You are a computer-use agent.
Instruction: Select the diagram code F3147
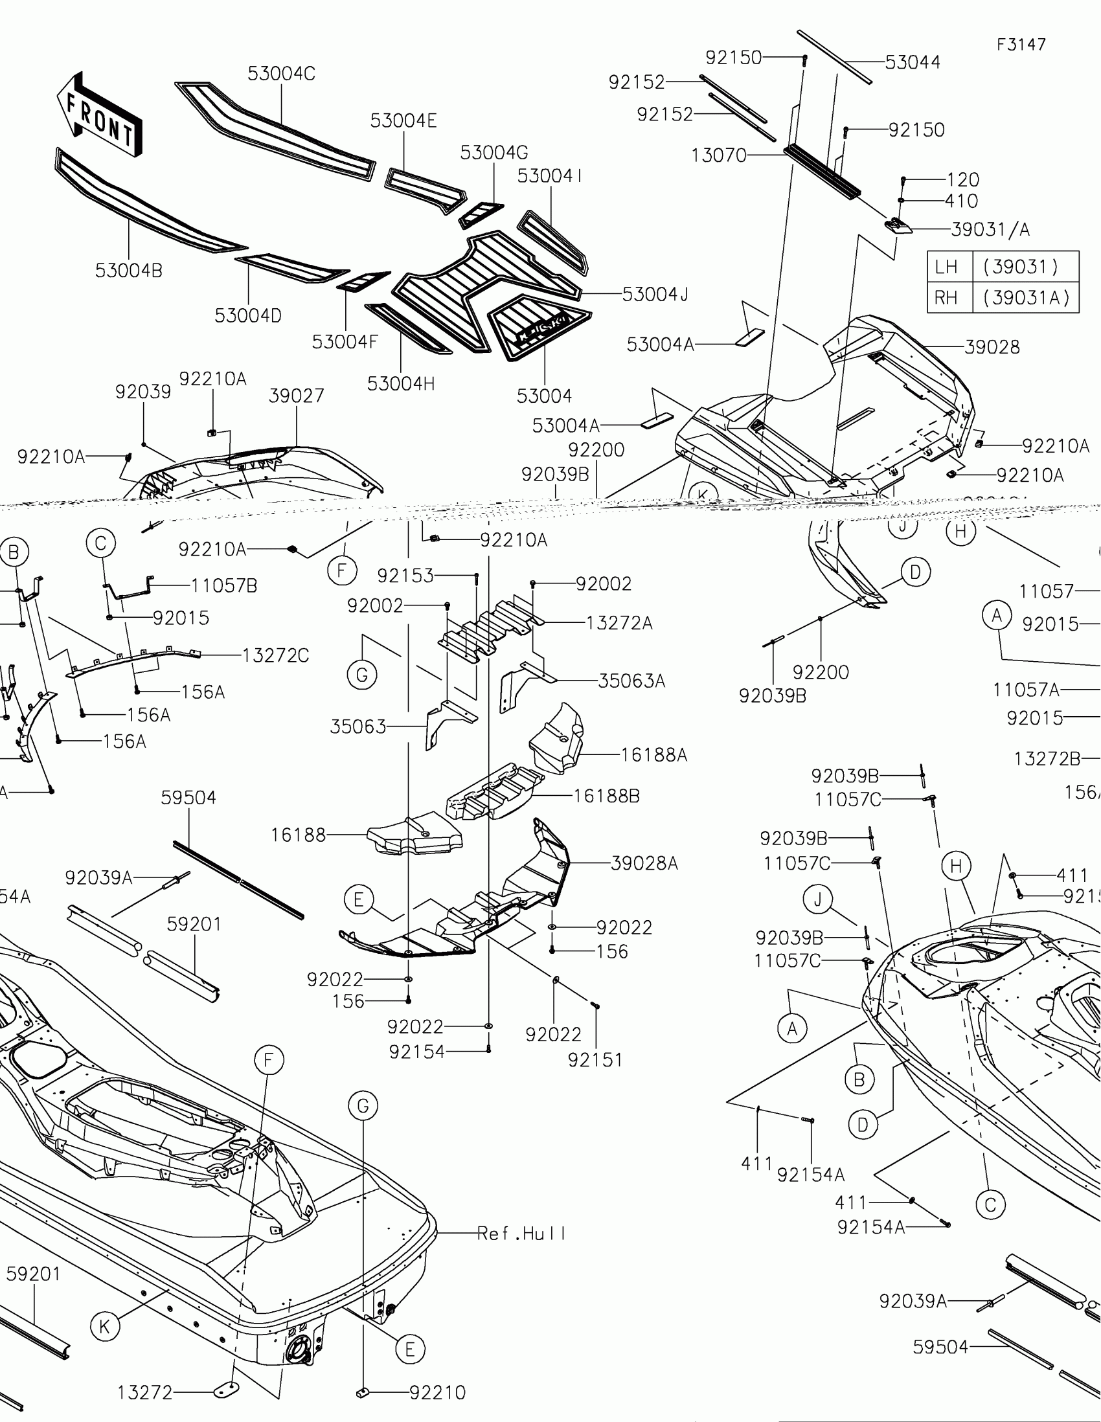point(1021,44)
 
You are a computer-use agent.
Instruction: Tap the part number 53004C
point(281,74)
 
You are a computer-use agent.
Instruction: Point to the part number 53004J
point(655,294)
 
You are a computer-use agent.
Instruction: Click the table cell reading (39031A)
point(1026,298)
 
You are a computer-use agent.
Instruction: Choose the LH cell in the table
point(946,267)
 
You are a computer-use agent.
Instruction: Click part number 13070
point(718,155)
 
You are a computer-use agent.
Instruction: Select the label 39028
point(992,347)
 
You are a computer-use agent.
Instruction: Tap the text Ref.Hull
point(521,1233)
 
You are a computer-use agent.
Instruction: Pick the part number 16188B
point(606,796)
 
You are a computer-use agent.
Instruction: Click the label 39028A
point(644,863)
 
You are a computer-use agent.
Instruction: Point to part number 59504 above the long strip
point(189,798)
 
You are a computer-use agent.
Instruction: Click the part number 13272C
point(275,655)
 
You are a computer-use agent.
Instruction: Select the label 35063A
point(631,681)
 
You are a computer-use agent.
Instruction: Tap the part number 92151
point(595,1060)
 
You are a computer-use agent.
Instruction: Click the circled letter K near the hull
point(105,1326)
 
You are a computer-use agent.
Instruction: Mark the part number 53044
point(912,63)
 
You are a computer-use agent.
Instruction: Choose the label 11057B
point(224,586)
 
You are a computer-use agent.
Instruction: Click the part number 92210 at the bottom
point(438,1393)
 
